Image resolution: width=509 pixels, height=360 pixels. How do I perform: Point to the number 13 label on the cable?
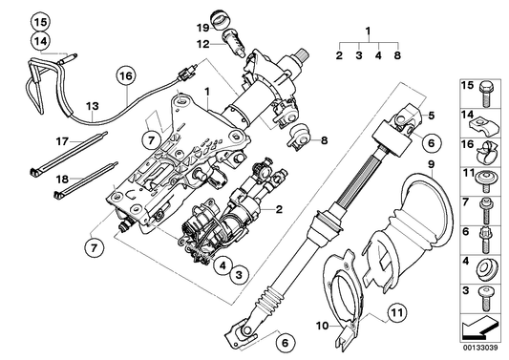[x=92, y=106]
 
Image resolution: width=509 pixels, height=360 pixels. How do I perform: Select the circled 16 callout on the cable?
[x=126, y=75]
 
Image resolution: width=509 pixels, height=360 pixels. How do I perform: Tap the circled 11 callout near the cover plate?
[x=393, y=310]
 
